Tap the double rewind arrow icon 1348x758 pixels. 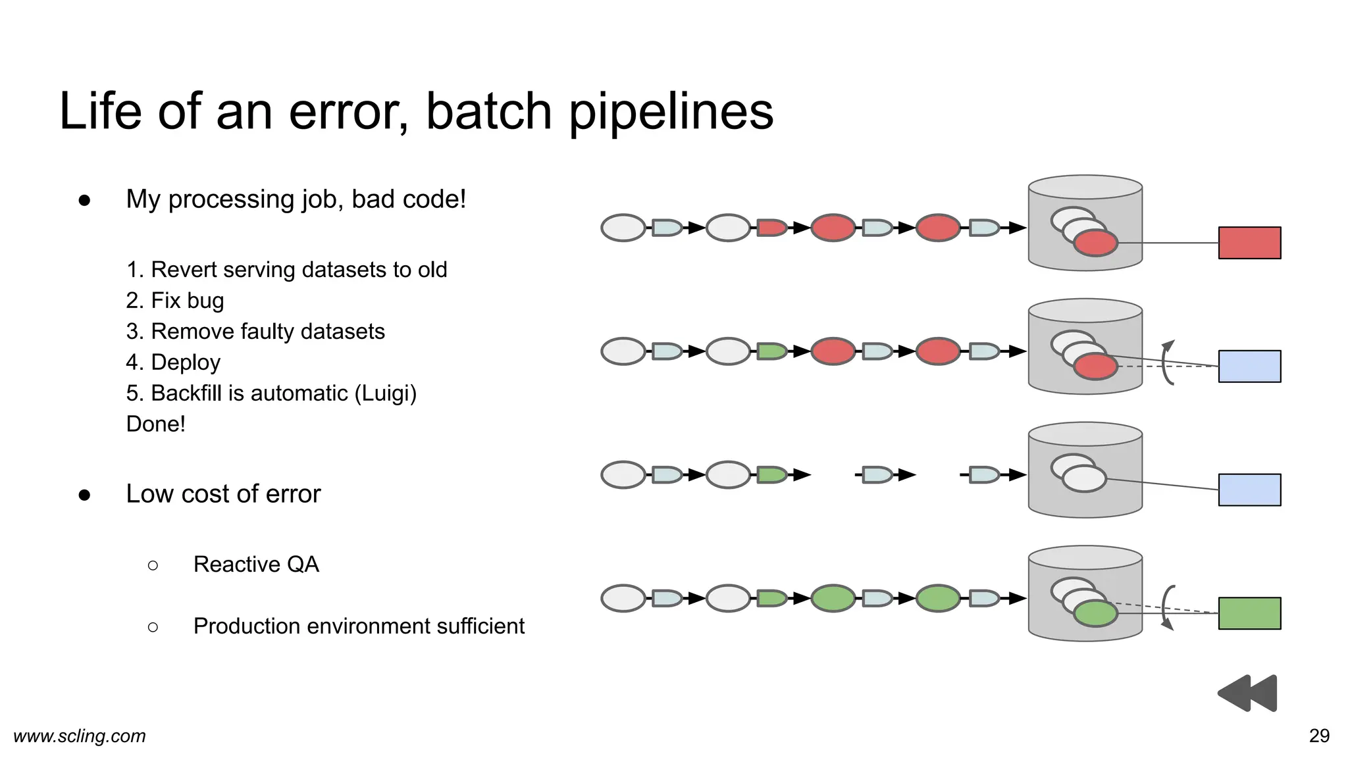[x=1247, y=693]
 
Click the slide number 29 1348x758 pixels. [x=1319, y=736]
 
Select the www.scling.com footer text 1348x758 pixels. [x=80, y=736]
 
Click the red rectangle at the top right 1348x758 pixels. [x=1249, y=243]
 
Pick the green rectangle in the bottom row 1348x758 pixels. [x=1249, y=613]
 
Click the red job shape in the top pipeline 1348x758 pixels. [x=771, y=228]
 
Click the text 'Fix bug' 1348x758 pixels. [x=188, y=301]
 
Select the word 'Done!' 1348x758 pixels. [x=156, y=424]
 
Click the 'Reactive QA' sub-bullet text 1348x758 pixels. [x=256, y=565]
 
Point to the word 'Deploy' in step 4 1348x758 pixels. [x=186, y=363]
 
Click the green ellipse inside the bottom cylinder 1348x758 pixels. [x=1095, y=613]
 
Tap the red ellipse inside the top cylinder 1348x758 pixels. [x=1095, y=243]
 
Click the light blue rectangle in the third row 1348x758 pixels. [x=1249, y=490]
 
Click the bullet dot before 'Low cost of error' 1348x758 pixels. [x=84, y=495]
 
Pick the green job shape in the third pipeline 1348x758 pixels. [x=771, y=474]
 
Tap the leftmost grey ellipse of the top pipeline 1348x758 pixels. [x=623, y=228]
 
